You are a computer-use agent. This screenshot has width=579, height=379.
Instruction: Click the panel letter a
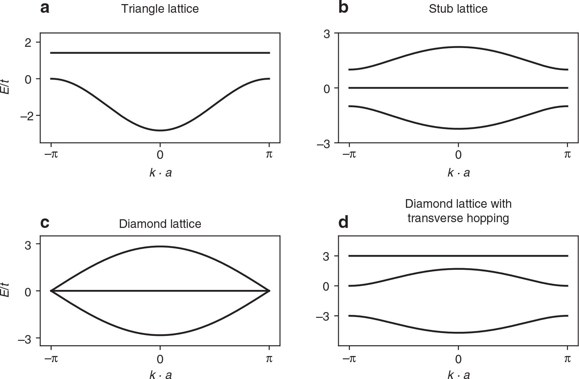(45, 8)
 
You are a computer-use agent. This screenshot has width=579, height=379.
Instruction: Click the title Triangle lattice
(160, 9)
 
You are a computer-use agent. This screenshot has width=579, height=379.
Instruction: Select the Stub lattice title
(458, 9)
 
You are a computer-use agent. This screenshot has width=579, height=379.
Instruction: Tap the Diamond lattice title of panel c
(160, 224)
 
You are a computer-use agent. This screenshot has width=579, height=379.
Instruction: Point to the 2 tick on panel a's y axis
(28, 42)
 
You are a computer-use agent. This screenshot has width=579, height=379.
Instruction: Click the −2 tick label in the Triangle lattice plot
(25, 116)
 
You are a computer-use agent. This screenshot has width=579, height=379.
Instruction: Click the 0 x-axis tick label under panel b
(458, 154)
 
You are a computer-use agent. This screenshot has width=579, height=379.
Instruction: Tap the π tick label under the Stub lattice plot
(567, 154)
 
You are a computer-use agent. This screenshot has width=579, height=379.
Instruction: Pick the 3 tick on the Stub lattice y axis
(326, 33)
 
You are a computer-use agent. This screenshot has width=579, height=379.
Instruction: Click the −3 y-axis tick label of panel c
(25, 338)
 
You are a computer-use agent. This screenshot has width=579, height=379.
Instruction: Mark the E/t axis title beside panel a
(5, 84)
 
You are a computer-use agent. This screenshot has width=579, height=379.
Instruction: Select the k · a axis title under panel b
(458, 173)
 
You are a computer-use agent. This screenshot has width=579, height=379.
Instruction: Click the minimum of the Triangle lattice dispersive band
(160, 131)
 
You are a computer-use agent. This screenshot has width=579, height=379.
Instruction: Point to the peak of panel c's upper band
(160, 246)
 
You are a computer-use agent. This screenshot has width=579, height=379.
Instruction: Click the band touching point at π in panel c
(269, 291)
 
